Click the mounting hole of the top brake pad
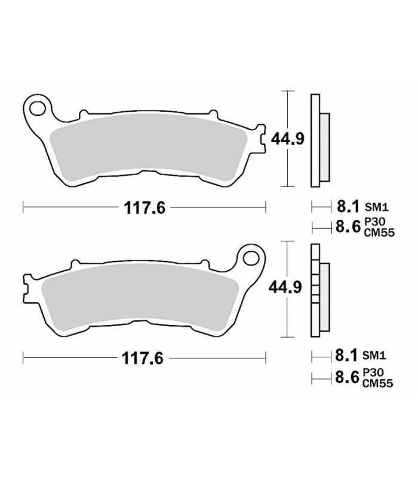point(38,109)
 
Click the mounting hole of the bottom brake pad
point(251,258)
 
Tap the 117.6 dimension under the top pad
point(145,207)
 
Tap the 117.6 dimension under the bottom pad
point(143,358)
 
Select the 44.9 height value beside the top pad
point(288,139)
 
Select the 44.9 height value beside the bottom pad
point(285,287)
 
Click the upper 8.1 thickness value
point(348,206)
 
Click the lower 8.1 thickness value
point(346,355)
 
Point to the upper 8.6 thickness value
point(348,226)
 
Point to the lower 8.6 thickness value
point(348,377)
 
